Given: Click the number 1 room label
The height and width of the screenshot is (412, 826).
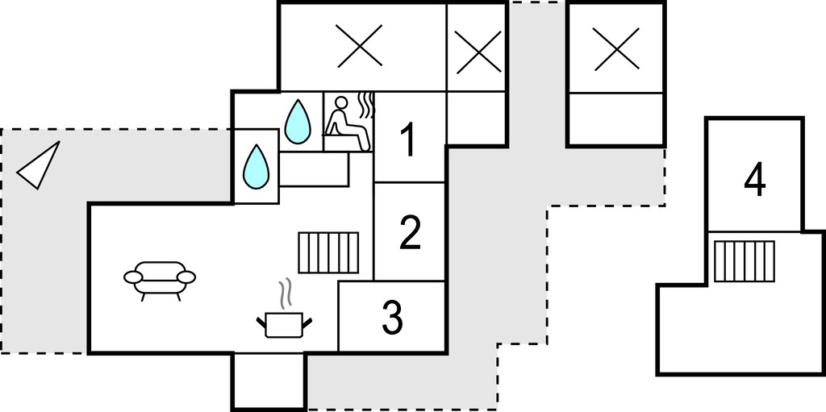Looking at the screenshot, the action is pos(409,139).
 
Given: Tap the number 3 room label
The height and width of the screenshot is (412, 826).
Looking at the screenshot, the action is pos(392,317).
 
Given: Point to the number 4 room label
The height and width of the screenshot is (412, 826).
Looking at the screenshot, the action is pos(755,180).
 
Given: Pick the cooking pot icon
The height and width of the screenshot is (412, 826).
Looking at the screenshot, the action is pos(284,324).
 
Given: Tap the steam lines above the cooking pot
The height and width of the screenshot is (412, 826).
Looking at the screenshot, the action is pos(285,294).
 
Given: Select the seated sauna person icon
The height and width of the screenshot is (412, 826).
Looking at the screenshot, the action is pos(347,124).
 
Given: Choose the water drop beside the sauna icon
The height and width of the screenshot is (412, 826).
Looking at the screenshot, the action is pos(298,122).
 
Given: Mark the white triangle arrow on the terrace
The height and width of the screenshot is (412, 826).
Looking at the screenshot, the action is pos(39,165).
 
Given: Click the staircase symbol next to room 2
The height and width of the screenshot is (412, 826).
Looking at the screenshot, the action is pos(328,253).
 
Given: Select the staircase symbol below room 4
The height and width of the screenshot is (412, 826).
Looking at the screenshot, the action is pos(745,261).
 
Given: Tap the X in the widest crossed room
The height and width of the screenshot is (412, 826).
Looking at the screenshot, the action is pos(359,46).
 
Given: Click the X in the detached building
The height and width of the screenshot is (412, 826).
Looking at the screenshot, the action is pos(616,49).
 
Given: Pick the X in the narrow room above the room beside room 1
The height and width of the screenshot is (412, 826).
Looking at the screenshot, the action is pos(478,52).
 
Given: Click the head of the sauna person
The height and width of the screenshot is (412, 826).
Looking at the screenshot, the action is pos(341,102).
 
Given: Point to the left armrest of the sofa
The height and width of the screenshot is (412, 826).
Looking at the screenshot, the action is pos(133,277).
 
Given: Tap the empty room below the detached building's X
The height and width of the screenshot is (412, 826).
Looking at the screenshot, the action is pos(616,119).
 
